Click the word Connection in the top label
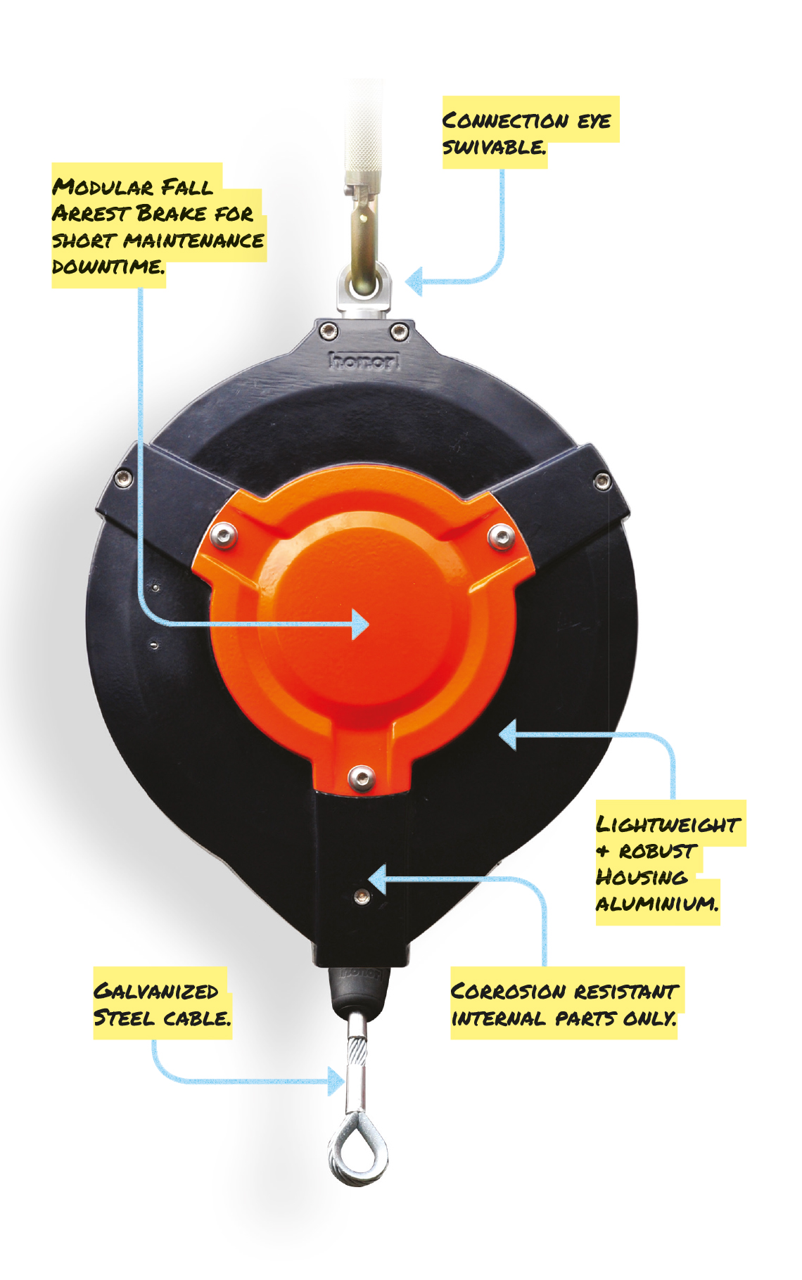coord(505,121)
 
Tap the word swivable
coord(494,147)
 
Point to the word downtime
coord(108,267)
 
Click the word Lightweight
coord(668,824)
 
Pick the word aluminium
coord(657,903)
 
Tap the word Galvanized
coord(156,992)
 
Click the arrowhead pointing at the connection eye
coord(414,282)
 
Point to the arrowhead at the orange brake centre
coord(360,624)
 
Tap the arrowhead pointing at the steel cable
coord(337,1081)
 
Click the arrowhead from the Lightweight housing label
coord(507,735)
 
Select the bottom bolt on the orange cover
coord(360,777)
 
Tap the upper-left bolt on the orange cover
coord(224,536)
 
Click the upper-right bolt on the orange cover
coord(500,537)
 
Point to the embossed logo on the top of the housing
coord(364,361)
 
